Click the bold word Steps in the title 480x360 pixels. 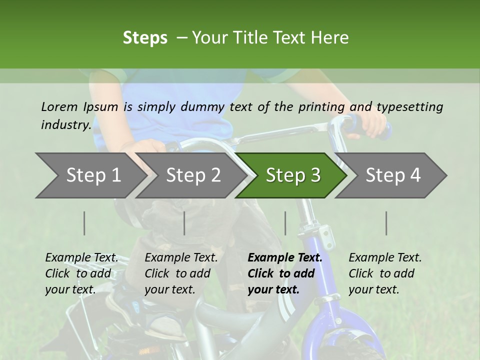click(145, 38)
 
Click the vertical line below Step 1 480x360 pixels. click(84, 223)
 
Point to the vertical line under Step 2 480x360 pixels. click(184, 223)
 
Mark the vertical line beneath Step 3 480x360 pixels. click(285, 223)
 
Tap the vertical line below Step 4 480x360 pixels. click(386, 223)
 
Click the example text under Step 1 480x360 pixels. click(81, 273)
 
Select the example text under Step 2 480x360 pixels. click(181, 273)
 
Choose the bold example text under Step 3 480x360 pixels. click(285, 273)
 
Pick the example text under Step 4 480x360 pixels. click(385, 273)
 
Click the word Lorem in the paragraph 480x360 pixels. click(59, 106)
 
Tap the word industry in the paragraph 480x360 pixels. click(66, 125)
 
